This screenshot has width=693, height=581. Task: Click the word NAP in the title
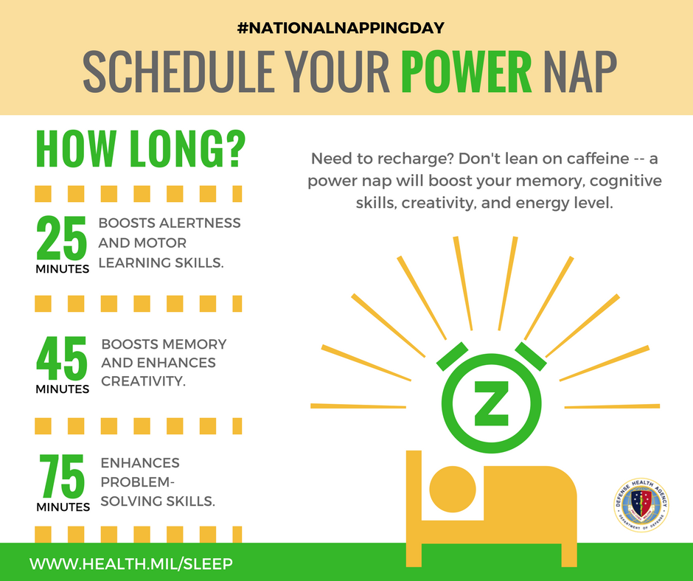click(578, 74)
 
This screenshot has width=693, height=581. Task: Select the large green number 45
click(62, 358)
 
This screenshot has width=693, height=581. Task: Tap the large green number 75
click(63, 477)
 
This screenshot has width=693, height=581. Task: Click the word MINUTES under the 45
click(63, 389)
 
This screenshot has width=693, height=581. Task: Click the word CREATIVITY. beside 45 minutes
click(144, 381)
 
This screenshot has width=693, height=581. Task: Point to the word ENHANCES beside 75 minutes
click(140, 463)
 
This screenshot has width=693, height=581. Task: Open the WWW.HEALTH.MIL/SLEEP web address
click(131, 563)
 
